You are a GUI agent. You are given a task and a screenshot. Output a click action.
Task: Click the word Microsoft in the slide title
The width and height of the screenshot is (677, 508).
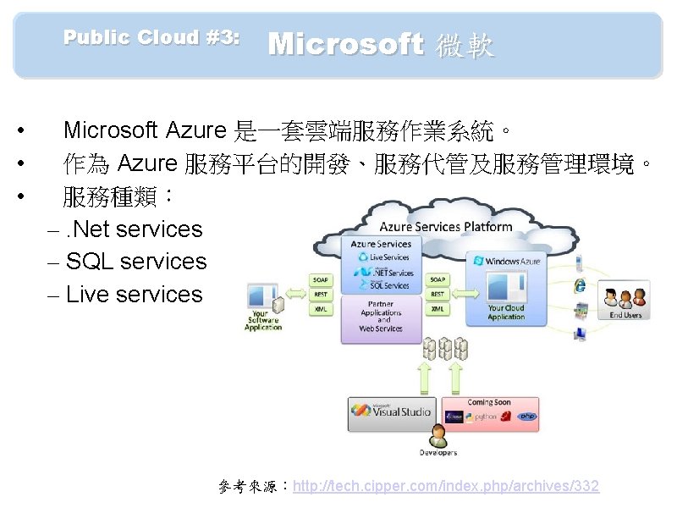(x=345, y=44)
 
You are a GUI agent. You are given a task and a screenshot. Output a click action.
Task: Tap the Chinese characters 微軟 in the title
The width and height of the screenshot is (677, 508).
(x=465, y=46)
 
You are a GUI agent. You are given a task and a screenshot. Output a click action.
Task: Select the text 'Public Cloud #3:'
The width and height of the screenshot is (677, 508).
(x=151, y=37)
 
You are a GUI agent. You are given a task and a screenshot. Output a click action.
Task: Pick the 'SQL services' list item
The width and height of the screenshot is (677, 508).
(x=135, y=262)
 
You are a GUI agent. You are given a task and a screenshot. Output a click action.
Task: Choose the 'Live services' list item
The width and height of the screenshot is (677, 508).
(x=134, y=295)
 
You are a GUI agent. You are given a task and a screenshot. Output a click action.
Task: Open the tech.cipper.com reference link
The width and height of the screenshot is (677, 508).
(x=446, y=486)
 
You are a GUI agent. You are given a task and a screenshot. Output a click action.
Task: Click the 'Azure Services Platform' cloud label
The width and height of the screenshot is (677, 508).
(x=445, y=226)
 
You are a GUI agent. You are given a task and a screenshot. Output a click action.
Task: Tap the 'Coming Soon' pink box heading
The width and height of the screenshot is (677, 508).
(x=489, y=402)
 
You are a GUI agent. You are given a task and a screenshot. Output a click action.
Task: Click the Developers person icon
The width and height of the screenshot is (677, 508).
(x=438, y=436)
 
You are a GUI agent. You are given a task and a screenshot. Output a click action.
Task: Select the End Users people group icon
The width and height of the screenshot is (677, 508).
(x=625, y=297)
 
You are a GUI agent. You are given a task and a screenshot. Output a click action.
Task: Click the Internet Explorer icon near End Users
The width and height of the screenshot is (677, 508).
(x=581, y=285)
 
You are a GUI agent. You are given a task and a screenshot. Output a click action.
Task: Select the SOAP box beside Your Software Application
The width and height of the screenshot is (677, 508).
(x=321, y=279)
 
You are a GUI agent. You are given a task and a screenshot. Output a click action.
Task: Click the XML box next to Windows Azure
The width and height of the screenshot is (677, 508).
(x=438, y=310)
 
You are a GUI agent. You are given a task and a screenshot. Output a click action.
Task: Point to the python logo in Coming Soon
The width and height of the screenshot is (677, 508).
(x=485, y=417)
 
